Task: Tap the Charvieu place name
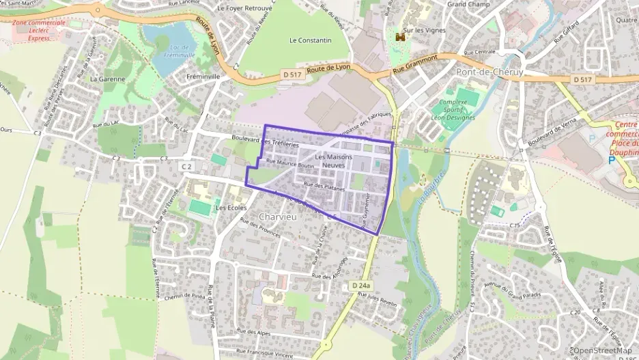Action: pos(278,217)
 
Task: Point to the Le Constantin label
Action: pos(310,40)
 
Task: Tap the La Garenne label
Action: pos(107,79)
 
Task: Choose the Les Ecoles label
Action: pos(230,207)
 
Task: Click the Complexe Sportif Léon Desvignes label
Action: pos(454,109)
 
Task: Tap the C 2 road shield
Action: pos(186,167)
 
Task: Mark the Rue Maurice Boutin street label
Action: pos(289,164)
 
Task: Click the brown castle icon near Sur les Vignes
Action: pos(400,38)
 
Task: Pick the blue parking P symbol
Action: pos(611,161)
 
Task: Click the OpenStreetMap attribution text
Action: pos(601,350)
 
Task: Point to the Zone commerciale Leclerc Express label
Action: pos(39,31)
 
